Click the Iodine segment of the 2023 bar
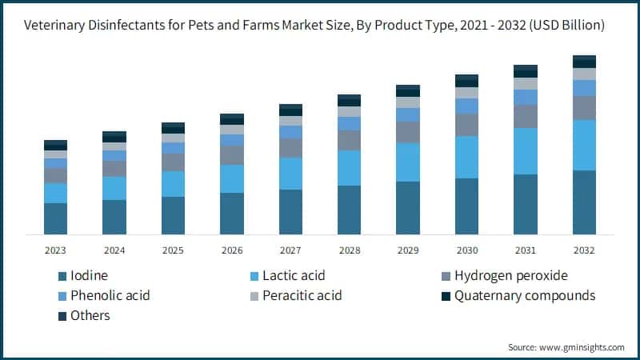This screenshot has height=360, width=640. [55, 218]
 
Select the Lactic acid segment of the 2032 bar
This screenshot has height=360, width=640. [584, 145]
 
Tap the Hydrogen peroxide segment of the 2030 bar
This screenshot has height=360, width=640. [466, 125]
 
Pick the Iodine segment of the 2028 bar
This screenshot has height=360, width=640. [349, 210]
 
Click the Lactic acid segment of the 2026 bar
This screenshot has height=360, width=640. [232, 178]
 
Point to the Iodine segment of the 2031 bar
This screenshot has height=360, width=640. [526, 204]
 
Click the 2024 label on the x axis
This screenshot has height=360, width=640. [114, 250]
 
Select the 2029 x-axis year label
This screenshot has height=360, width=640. [408, 250]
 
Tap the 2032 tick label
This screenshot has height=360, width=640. [584, 250]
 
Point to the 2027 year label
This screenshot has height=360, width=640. [290, 250]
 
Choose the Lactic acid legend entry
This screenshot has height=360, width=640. [294, 276]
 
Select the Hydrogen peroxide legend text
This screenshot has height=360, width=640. [510, 276]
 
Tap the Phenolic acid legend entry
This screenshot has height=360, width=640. [110, 296]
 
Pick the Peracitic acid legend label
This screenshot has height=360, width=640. [302, 296]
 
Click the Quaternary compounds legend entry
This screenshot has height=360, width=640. [524, 296]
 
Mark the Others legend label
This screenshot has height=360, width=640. [90, 316]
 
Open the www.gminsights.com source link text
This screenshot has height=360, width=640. [585, 347]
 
